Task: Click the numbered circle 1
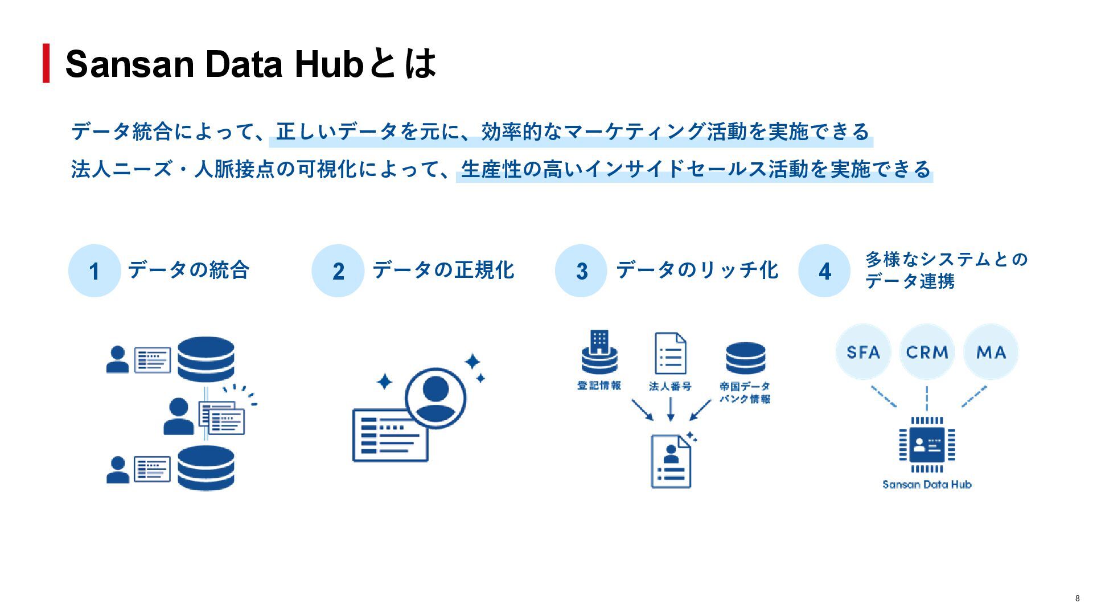pyautogui.click(x=94, y=270)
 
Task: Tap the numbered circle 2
pyautogui.click(x=338, y=270)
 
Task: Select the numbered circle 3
pyautogui.click(x=581, y=270)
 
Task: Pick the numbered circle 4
pyautogui.click(x=825, y=270)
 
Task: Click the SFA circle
pyautogui.click(x=863, y=352)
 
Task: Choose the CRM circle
pyautogui.click(x=927, y=352)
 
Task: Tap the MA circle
pyautogui.click(x=991, y=352)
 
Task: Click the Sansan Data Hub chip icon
pyautogui.click(x=927, y=445)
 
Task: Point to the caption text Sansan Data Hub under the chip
pyautogui.click(x=927, y=485)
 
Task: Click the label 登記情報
pyautogui.click(x=599, y=386)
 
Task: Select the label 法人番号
pyautogui.click(x=670, y=387)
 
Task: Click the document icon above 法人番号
pyautogui.click(x=670, y=353)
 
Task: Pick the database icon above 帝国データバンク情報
pyautogui.click(x=745, y=358)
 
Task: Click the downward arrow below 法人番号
pyautogui.click(x=671, y=409)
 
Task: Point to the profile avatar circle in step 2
pyautogui.click(x=435, y=397)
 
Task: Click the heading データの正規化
pyautogui.click(x=443, y=270)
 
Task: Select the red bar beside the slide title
pyautogui.click(x=46, y=63)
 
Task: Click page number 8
pyautogui.click(x=1077, y=598)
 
